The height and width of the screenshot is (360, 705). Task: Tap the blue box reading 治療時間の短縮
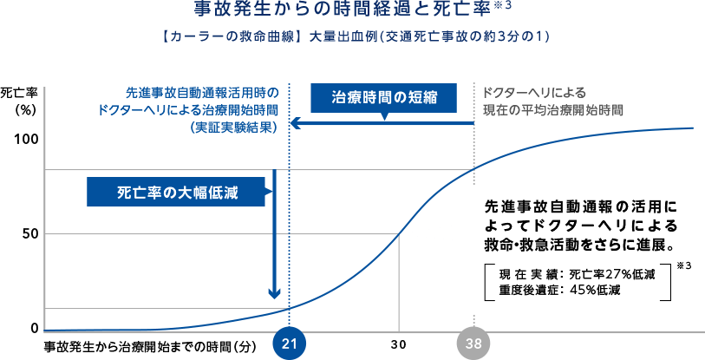(x=382, y=98)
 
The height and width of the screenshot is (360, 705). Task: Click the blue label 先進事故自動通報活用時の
(x=202, y=92)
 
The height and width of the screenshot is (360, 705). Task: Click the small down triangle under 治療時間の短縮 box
(x=382, y=118)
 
